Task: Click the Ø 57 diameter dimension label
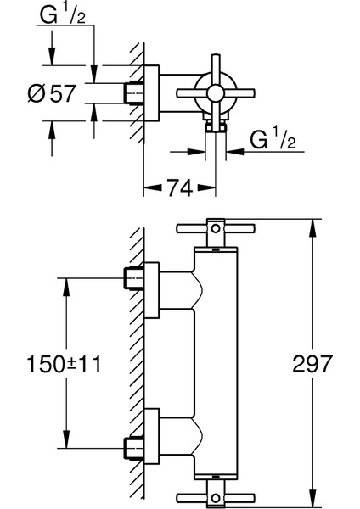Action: point(52,93)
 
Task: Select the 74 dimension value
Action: point(180,187)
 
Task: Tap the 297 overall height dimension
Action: point(312,364)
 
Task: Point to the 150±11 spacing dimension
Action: point(64,364)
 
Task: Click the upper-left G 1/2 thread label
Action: point(63,14)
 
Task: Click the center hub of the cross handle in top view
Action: point(216,93)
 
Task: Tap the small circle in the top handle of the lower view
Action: point(216,228)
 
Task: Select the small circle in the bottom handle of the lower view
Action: point(216,497)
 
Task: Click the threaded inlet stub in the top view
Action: point(133,93)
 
